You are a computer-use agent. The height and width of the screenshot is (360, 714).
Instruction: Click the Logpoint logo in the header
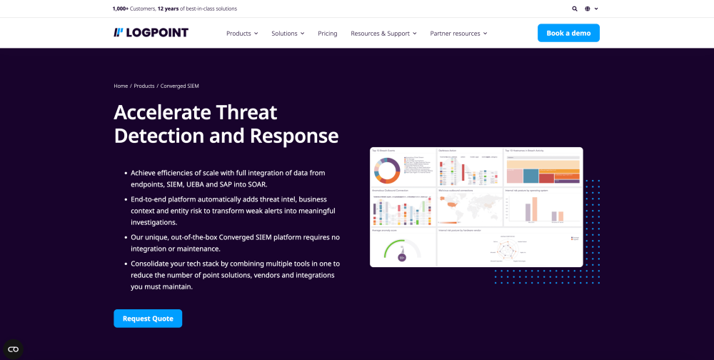151,33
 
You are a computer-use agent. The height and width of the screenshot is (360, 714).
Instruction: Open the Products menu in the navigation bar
241,34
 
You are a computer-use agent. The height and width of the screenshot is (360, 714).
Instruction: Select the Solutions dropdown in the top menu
287,34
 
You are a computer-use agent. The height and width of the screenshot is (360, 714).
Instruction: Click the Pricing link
328,34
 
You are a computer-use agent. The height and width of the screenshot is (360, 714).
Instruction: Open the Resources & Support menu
383,34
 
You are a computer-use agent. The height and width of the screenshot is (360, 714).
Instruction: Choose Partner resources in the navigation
458,34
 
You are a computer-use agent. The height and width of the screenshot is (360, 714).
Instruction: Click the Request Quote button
148,319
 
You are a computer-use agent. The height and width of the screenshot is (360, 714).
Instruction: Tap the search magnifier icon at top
575,9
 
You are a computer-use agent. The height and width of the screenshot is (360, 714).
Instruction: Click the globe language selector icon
588,9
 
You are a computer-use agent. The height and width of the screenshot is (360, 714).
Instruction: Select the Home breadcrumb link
121,86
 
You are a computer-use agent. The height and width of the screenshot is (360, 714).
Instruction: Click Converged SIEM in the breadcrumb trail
180,86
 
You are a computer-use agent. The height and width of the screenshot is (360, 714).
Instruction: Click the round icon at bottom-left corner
13,349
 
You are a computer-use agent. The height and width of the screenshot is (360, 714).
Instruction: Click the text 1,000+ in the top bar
121,9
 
